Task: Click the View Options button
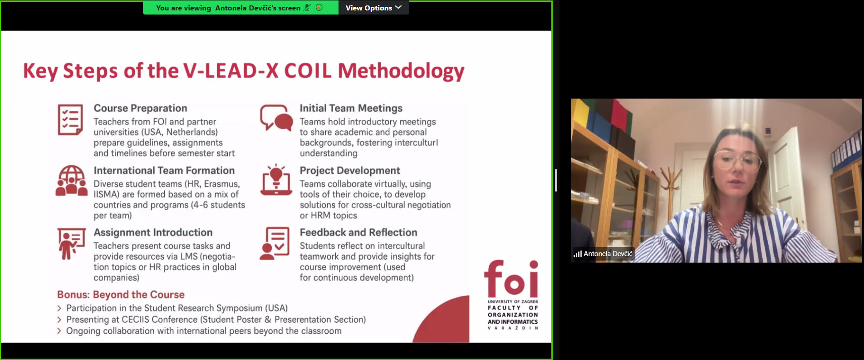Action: click(373, 8)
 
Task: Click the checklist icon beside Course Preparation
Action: click(70, 120)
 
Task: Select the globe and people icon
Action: click(71, 180)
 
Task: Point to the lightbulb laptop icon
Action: click(276, 180)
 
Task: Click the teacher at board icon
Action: click(71, 243)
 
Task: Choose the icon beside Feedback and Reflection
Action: click(275, 243)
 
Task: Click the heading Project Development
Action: click(350, 170)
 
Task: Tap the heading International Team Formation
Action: click(164, 170)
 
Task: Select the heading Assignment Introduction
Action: click(153, 232)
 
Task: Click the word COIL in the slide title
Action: click(308, 71)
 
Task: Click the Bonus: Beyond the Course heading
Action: click(121, 295)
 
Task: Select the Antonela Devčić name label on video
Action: click(608, 254)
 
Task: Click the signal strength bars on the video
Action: click(577, 254)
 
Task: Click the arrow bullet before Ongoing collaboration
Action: click(59, 331)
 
